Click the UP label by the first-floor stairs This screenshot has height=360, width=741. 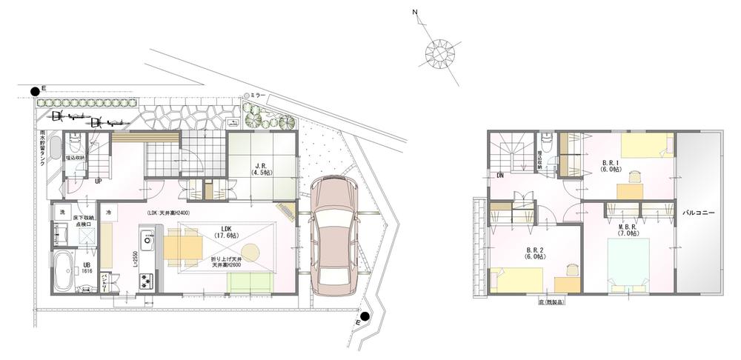pyautogui.click(x=98, y=181)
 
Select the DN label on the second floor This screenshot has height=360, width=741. pyautogui.click(x=500, y=176)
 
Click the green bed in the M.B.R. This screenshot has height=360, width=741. pyautogui.click(x=628, y=262)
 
